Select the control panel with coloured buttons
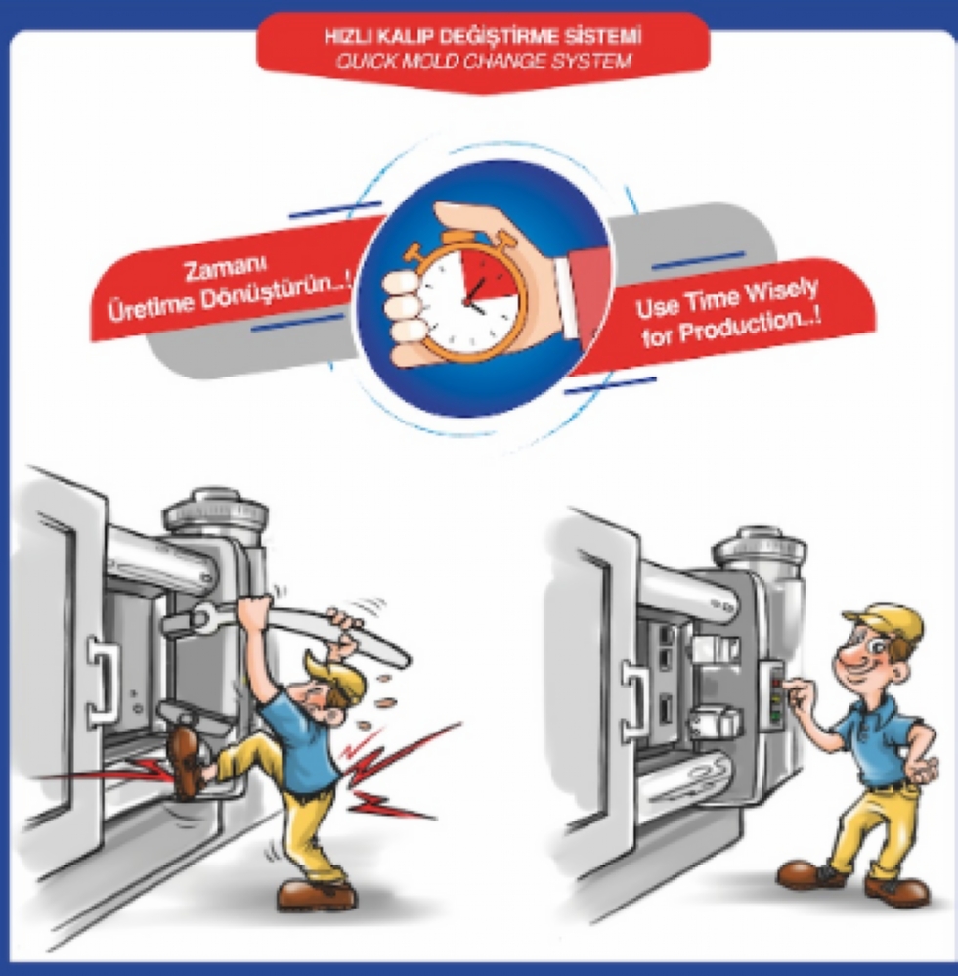[x=774, y=694]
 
